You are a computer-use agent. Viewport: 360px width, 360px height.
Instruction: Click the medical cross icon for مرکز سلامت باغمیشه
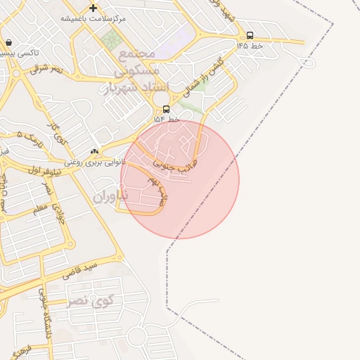pyautogui.click(x=93, y=8)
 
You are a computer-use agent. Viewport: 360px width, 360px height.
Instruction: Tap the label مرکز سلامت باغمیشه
pyautogui.click(x=92, y=19)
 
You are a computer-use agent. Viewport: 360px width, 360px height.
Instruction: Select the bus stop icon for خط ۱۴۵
pyautogui.click(x=250, y=35)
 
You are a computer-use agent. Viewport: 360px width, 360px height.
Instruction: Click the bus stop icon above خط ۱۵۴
pyautogui.click(x=166, y=109)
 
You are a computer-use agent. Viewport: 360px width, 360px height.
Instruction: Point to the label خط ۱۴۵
pyautogui.click(x=250, y=46)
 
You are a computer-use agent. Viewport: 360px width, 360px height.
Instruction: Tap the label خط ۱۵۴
pyautogui.click(x=167, y=120)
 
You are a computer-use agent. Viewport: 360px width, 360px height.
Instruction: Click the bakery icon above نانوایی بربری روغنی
pyautogui.click(x=94, y=151)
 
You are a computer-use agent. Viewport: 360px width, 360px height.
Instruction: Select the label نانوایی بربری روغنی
pyautogui.click(x=94, y=162)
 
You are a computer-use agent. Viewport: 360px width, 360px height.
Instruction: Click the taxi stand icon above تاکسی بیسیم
pyautogui.click(x=8, y=43)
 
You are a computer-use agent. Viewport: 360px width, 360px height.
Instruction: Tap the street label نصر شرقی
pyautogui.click(x=46, y=69)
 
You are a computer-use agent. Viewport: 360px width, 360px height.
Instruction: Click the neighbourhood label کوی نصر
pyautogui.click(x=90, y=301)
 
